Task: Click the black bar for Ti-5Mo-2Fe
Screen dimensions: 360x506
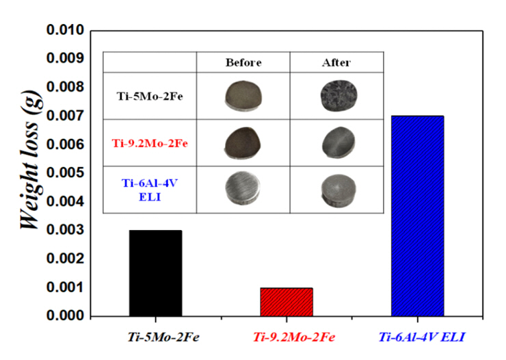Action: [155, 273]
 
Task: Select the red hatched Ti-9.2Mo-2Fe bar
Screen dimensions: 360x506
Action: [287, 302]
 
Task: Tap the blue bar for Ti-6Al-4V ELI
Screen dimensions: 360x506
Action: [417, 216]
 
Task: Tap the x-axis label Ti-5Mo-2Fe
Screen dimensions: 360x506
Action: [157, 337]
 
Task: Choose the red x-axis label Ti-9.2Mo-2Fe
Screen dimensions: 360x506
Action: [287, 337]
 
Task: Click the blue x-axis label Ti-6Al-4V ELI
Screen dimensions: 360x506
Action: [418, 337]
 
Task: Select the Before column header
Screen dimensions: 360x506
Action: [243, 62]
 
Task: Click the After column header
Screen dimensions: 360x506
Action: [336, 62]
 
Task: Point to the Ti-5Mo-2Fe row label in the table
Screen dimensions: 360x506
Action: [148, 97]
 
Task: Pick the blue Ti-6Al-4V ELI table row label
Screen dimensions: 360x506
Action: [148, 188]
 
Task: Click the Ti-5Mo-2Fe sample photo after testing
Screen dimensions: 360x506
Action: [336, 97]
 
